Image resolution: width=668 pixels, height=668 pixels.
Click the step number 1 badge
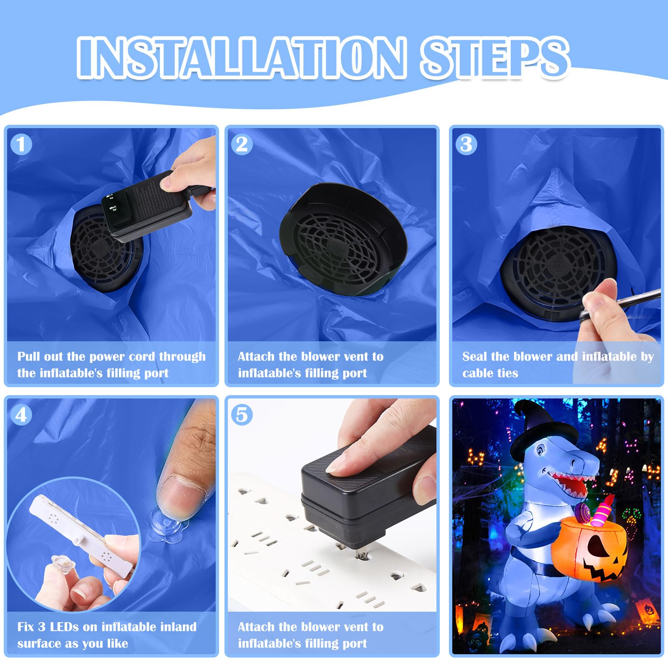(21, 144)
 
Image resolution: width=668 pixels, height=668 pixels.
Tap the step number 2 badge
(242, 144)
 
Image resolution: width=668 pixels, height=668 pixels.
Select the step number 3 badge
(466, 144)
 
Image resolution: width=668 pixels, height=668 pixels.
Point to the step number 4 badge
(21, 415)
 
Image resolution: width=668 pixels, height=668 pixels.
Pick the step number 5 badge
(242, 415)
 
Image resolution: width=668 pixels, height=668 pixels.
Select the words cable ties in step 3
(490, 373)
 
